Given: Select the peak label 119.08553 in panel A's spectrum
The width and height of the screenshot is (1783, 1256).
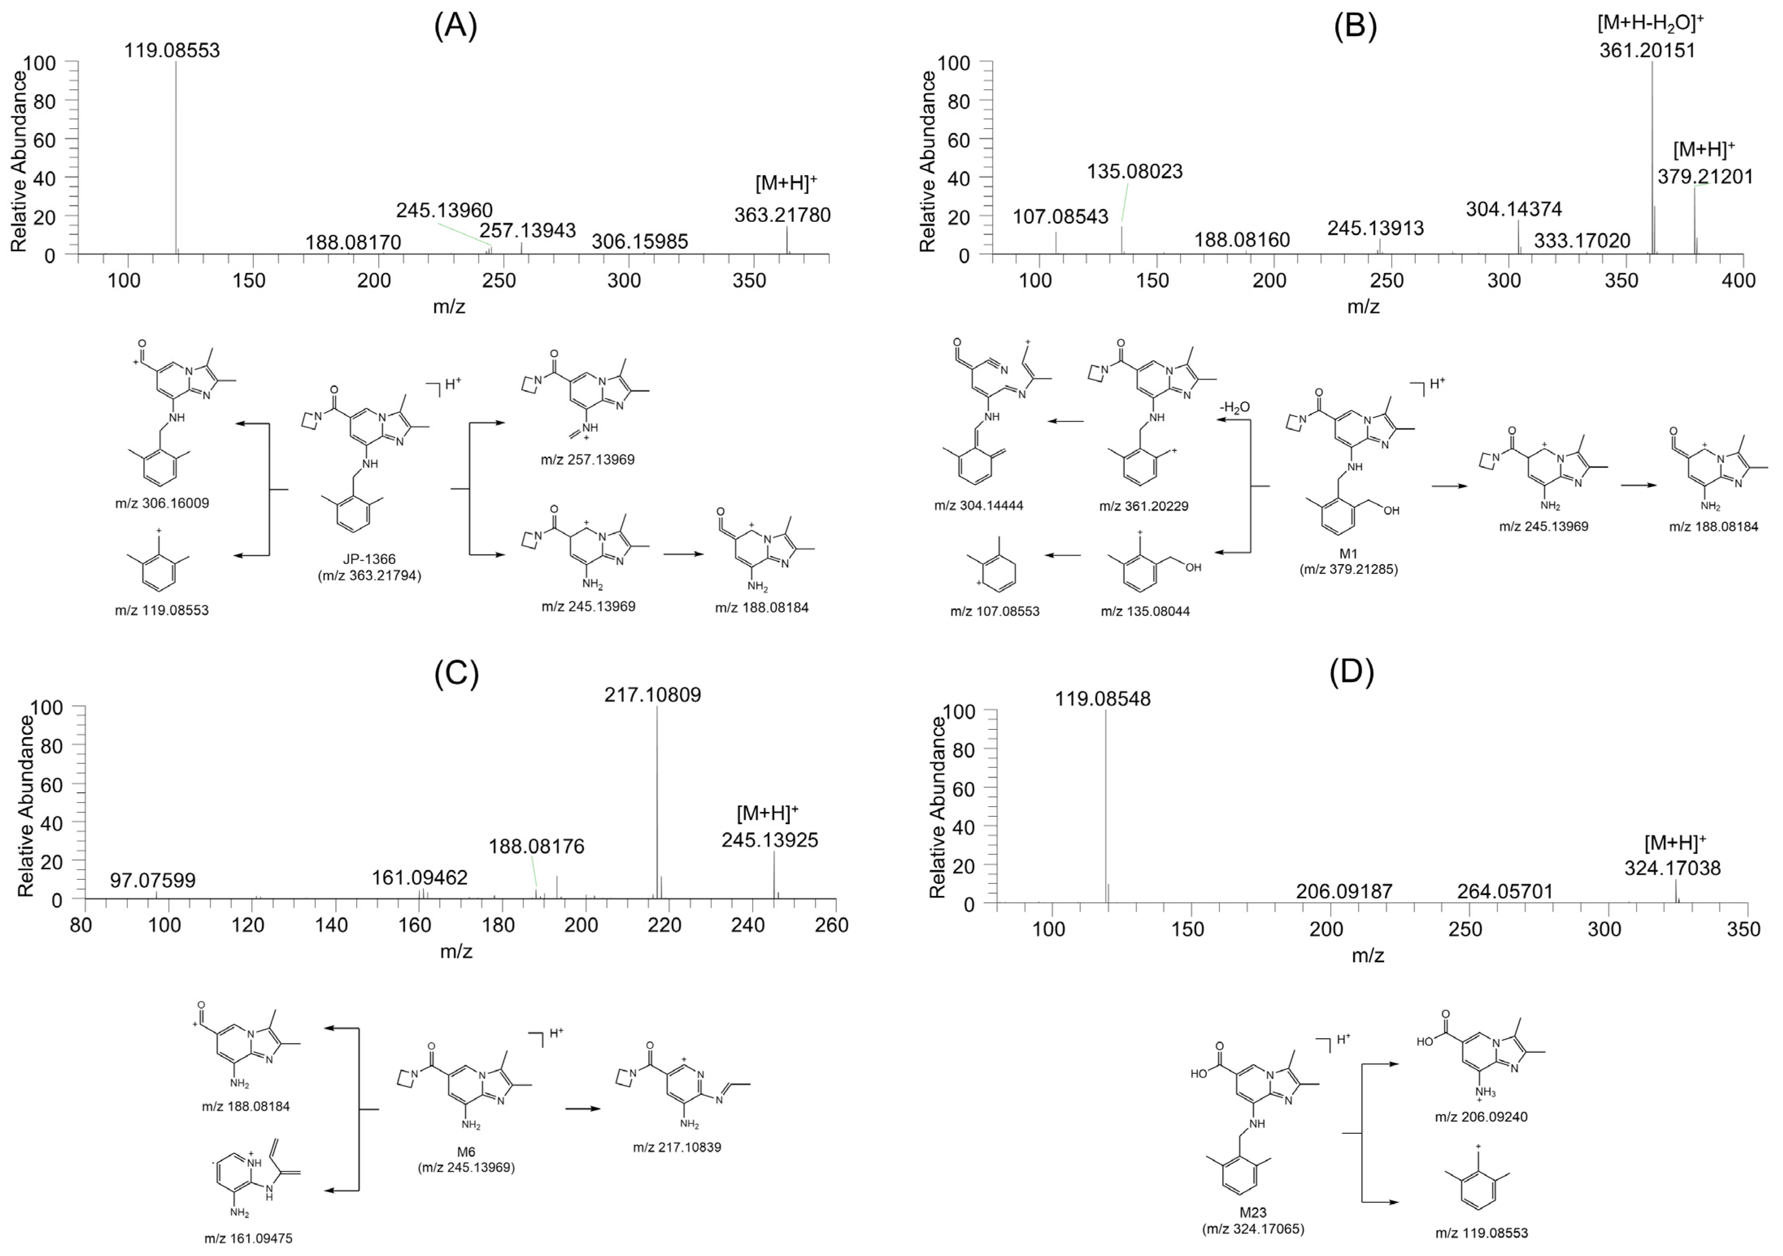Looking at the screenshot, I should (x=172, y=50).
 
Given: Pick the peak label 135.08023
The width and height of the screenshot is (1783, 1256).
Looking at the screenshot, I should (x=1135, y=171).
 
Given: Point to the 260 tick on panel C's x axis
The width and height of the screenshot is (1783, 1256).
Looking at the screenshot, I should (x=835, y=925).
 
